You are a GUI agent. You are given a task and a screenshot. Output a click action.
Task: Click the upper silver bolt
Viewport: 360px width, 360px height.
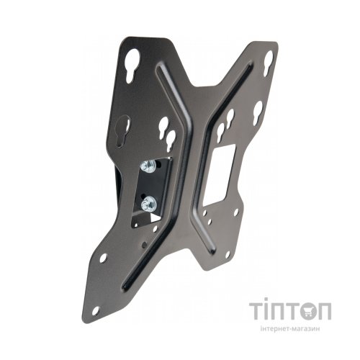[x=147, y=166]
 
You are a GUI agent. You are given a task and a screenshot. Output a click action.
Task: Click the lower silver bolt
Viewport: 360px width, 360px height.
[x=148, y=203]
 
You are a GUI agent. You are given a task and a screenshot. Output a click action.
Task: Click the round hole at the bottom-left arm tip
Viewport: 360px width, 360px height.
[x=96, y=310]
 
